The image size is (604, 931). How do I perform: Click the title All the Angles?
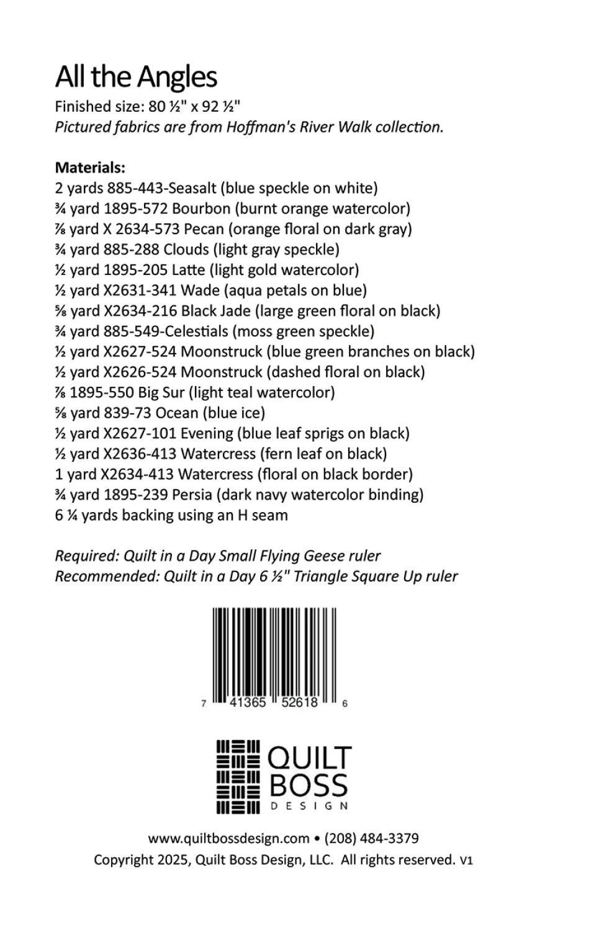(x=136, y=78)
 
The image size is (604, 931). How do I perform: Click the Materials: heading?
(x=90, y=168)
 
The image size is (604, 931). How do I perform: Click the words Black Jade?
(x=215, y=311)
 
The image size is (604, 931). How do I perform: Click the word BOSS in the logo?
(x=309, y=786)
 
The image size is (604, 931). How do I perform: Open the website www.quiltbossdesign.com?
(x=228, y=839)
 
